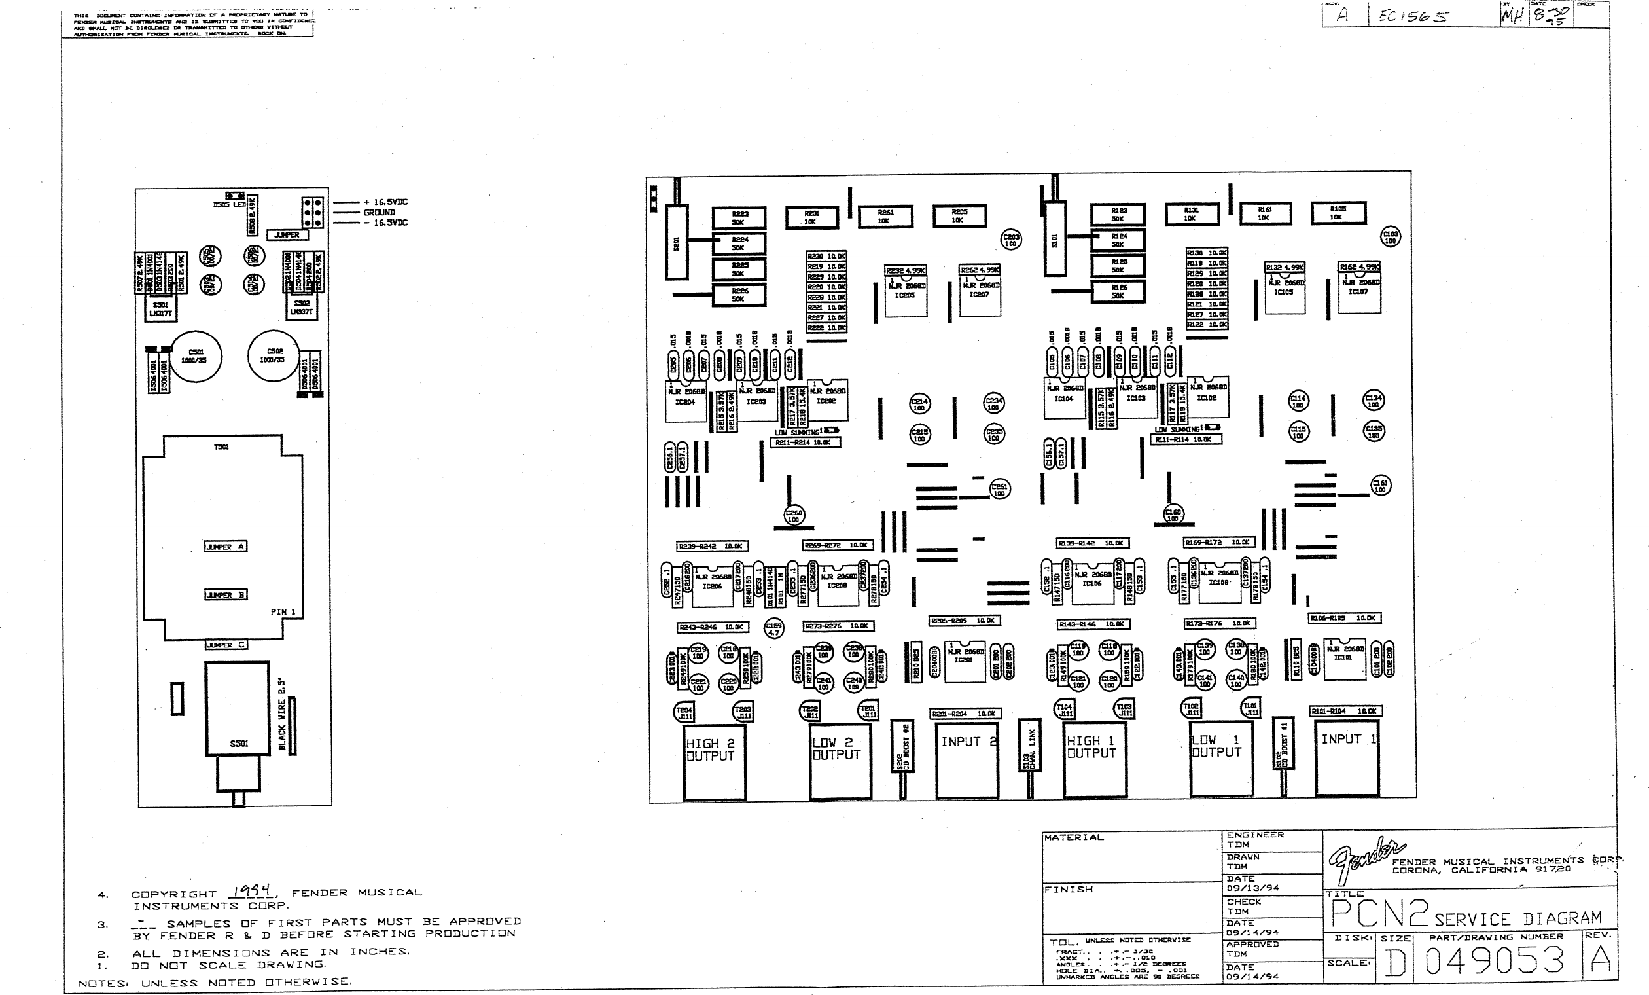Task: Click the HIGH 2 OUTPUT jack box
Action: pos(713,760)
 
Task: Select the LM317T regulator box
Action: pos(160,309)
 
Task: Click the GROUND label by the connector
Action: pos(379,212)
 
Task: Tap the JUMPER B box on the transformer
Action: pos(226,594)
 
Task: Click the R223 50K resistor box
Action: pos(739,217)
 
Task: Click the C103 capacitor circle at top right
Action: pos(1391,236)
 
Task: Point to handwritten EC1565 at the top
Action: pos(1412,16)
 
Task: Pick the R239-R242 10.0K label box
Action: pos(711,546)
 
